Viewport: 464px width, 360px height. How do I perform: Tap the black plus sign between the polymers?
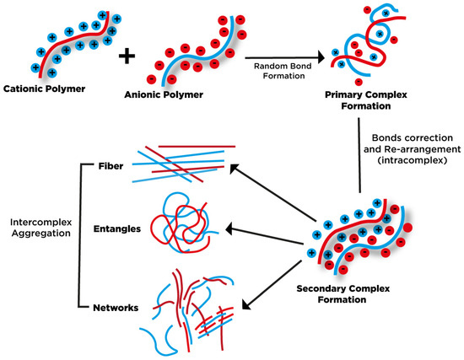(127, 56)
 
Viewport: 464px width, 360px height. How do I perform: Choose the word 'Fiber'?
(109, 165)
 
